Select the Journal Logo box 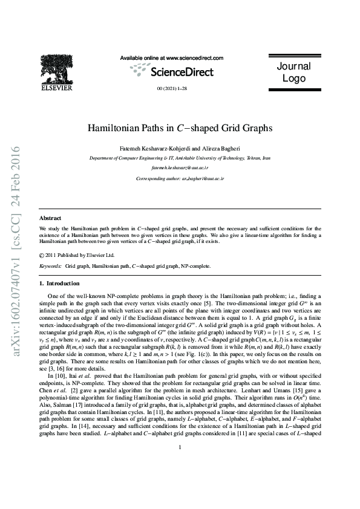pyautogui.click(x=293, y=73)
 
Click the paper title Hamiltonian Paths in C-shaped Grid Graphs pyautogui.click(x=180, y=128)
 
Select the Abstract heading pyautogui.click(x=50, y=218)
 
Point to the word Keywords pyautogui.click(x=50, y=266)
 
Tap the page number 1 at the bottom pyautogui.click(x=180, y=481)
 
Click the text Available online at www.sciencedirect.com pyautogui.click(x=172, y=58)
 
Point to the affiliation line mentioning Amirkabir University pyautogui.click(x=180, y=157)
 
